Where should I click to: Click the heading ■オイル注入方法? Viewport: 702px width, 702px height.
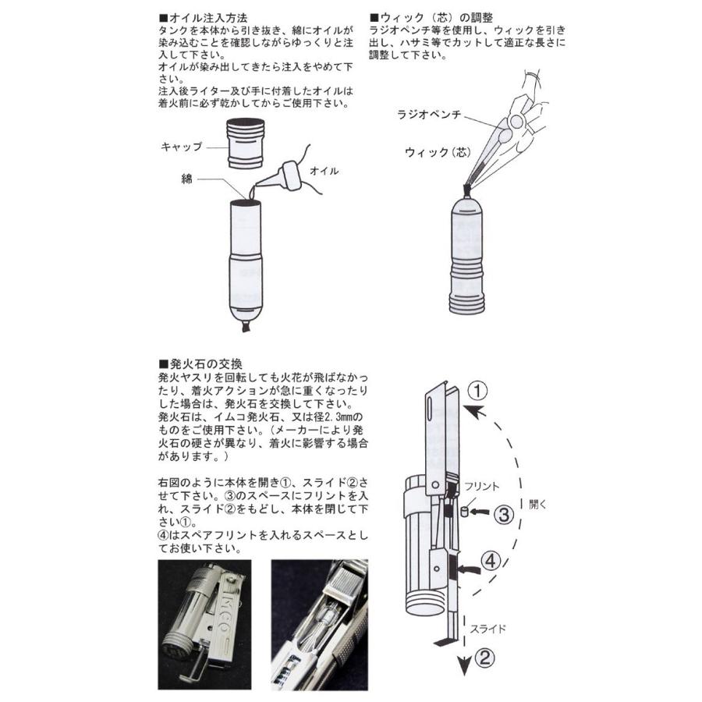point(200,17)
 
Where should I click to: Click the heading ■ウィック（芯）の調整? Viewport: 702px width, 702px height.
point(434,17)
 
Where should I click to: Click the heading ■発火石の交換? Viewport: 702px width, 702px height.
point(200,363)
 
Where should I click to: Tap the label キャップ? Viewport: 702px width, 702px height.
point(181,147)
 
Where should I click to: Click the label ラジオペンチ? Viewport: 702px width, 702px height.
point(429,115)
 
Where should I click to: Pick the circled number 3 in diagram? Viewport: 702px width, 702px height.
point(505,514)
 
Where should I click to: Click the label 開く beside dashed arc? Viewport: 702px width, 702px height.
point(537,504)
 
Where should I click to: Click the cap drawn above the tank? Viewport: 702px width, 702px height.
point(246,144)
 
